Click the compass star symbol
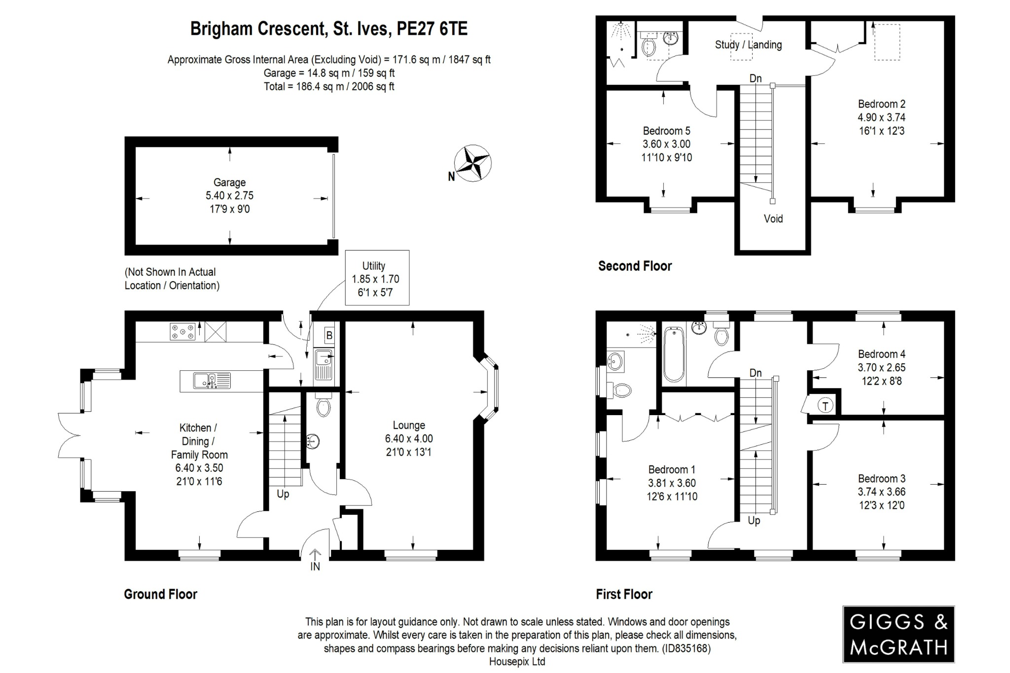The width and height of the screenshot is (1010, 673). click(472, 163)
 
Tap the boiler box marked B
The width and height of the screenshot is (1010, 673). click(329, 335)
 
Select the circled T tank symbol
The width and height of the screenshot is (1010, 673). click(825, 406)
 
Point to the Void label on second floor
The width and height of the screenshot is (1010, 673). click(773, 219)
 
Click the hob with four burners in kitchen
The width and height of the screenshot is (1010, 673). click(182, 331)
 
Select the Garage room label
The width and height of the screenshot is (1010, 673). click(229, 182)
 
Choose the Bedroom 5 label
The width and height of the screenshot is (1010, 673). click(666, 131)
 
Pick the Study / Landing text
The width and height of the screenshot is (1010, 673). click(748, 45)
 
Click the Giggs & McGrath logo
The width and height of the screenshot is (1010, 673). click(898, 634)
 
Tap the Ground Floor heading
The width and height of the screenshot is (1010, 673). click(160, 594)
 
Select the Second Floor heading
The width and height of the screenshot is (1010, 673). click(635, 266)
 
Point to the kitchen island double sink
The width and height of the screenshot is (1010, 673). click(212, 381)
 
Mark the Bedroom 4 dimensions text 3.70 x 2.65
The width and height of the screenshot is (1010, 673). click(881, 367)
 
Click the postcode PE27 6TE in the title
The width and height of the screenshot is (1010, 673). click(432, 29)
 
